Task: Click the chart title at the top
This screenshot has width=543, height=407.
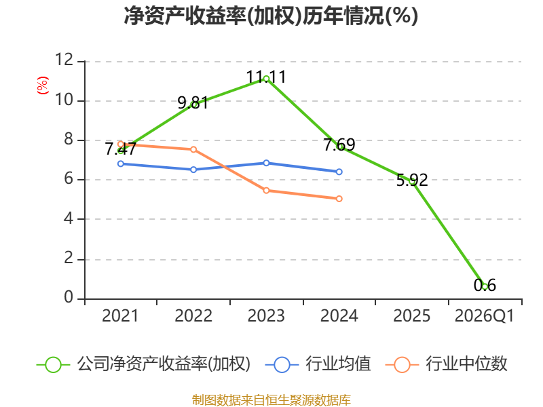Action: pyautogui.click(x=271, y=16)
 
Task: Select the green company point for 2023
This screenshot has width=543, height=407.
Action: pyautogui.click(x=266, y=79)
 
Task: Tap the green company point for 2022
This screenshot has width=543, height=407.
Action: pyautogui.click(x=194, y=104)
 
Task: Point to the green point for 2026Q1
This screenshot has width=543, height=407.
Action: pyautogui.click(x=485, y=286)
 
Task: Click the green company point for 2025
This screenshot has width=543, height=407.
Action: pyautogui.click(x=412, y=181)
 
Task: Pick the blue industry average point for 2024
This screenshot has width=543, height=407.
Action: pyautogui.click(x=339, y=172)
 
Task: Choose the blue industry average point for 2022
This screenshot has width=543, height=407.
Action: pyautogui.click(x=193, y=170)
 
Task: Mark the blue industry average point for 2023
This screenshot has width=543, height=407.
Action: pyautogui.click(x=266, y=163)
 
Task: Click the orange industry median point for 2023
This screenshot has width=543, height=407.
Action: pyautogui.click(x=266, y=190)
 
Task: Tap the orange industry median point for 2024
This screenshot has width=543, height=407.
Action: pyautogui.click(x=339, y=199)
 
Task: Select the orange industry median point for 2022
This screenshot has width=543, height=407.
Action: pyautogui.click(x=193, y=149)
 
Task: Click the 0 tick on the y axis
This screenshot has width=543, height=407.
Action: pyautogui.click(x=69, y=298)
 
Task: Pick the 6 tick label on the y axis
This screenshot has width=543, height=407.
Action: pyautogui.click(x=69, y=180)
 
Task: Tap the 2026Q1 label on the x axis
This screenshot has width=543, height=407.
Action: pyautogui.click(x=484, y=316)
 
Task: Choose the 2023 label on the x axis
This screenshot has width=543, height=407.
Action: pyautogui.click(x=266, y=316)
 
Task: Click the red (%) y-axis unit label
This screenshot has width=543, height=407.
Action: pyautogui.click(x=43, y=86)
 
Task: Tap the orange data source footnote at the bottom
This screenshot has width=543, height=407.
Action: pyautogui.click(x=271, y=400)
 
